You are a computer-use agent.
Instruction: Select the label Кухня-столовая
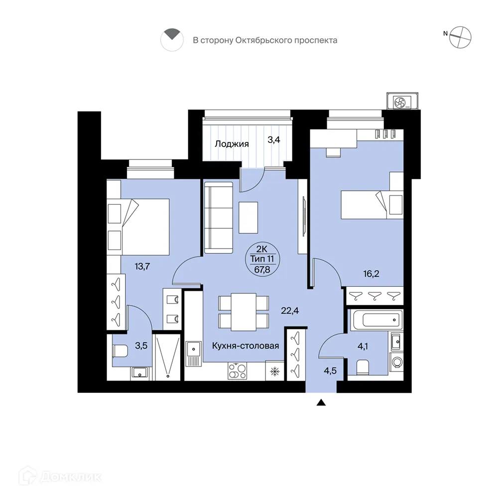245,346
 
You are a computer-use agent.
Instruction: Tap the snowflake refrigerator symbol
274,371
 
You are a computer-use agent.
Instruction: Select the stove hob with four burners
236,371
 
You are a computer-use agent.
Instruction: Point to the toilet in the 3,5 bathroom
120,351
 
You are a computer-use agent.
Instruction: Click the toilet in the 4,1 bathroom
363,368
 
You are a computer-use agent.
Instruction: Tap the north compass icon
460,37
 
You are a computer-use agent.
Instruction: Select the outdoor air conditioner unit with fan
401,102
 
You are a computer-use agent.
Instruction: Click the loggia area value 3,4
274,140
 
